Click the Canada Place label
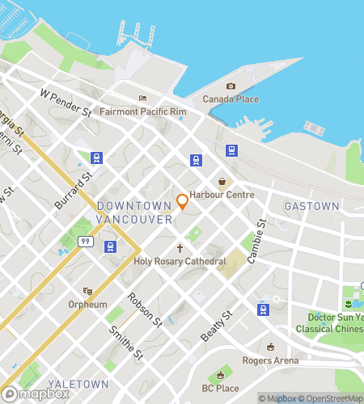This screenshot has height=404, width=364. click(231, 99)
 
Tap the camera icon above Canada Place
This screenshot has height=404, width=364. click(231, 86)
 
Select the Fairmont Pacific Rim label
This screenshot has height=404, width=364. click(142, 112)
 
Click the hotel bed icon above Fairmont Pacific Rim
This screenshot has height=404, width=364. click(142, 99)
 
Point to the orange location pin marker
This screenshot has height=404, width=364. click(183, 200)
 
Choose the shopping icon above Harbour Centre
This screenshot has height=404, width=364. click(222, 182)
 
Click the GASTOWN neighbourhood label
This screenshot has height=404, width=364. click(311, 207)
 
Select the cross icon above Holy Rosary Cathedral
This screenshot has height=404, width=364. click(180, 248)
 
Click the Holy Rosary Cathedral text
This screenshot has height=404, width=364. click(180, 262)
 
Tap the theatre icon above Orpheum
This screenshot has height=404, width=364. click(88, 291)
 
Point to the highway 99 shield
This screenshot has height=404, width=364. click(84, 241)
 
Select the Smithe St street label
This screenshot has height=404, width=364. click(129, 343)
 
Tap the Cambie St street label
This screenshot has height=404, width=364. click(256, 241)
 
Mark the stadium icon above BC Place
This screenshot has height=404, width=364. click(220, 376)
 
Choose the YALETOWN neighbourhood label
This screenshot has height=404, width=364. click(73, 384)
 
